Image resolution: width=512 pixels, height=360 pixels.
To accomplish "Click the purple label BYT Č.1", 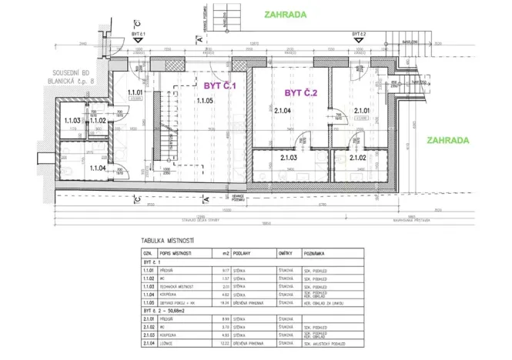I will (x=219, y=86).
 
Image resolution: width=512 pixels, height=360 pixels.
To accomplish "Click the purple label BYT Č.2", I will (x=301, y=93).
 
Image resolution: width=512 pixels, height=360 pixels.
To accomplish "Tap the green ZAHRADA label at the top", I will (x=285, y=14).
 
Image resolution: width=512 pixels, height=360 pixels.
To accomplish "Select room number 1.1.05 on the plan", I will (x=205, y=101).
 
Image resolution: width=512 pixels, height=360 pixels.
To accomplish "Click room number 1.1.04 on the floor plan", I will (x=97, y=167).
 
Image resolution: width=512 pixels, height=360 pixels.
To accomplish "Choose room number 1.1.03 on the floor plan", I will (x=73, y=120).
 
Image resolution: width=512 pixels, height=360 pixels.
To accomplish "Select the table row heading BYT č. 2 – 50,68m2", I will (x=175, y=312).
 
